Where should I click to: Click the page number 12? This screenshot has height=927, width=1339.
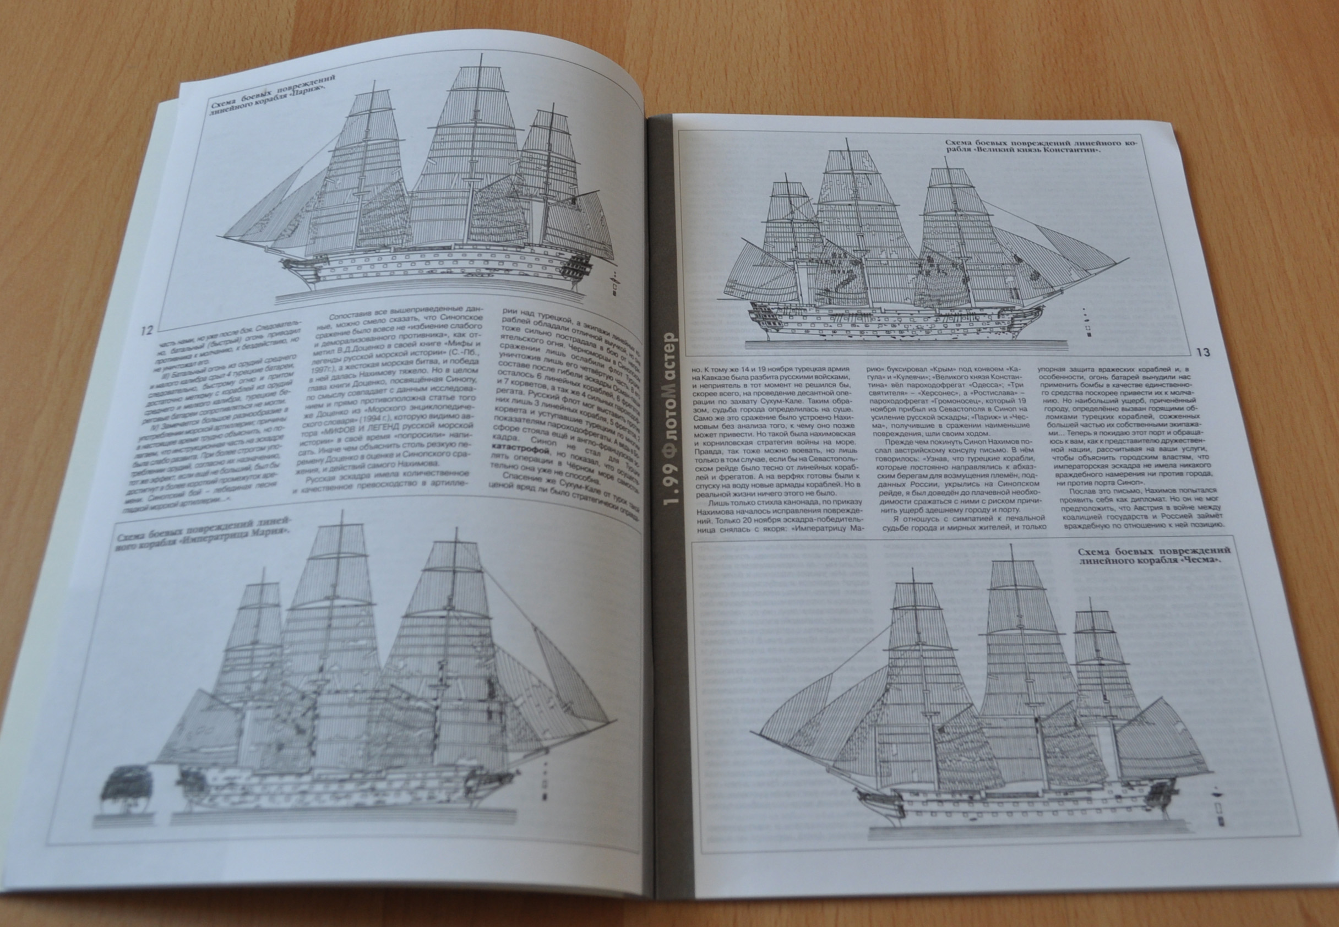point(146,330)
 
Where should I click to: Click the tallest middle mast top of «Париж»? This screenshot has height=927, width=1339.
point(482,58)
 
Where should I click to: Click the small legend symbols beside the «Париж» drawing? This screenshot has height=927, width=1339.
point(614,281)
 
